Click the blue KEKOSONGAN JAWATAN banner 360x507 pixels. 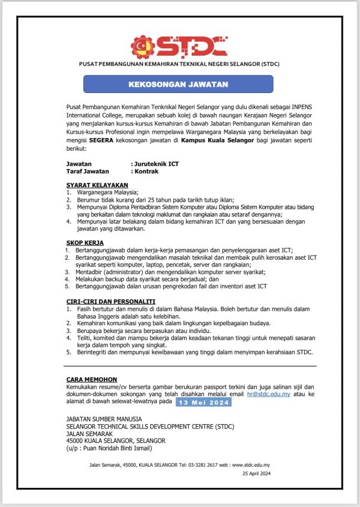(178, 83)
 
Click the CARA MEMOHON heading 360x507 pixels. (92, 379)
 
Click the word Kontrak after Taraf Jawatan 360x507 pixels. (147, 171)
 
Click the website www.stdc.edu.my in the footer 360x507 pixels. (251, 464)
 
